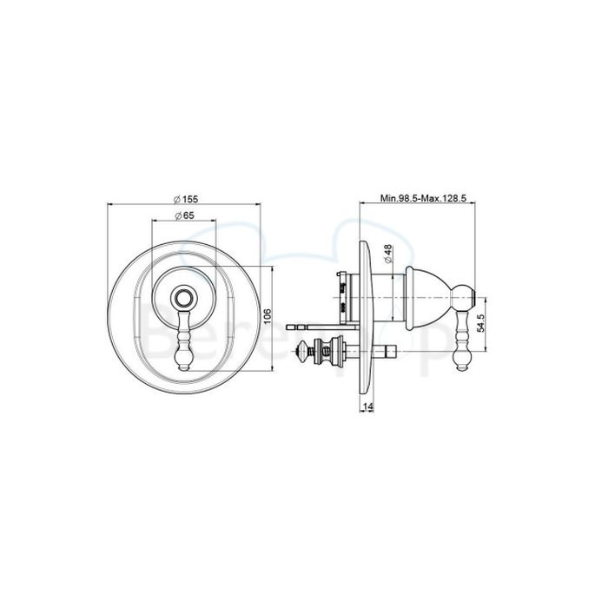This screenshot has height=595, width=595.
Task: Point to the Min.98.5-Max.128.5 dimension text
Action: pos(425,199)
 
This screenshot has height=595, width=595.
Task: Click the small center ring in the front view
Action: pos(183,298)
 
